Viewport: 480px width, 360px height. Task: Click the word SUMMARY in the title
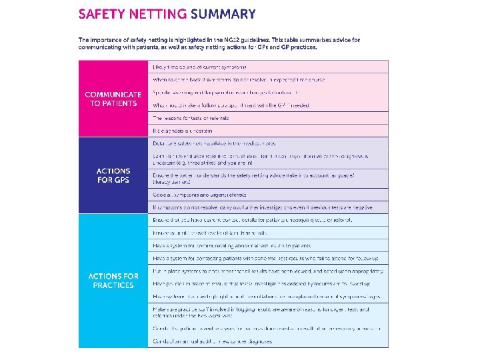[223, 14]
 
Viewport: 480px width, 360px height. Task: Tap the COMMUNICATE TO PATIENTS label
[113, 99]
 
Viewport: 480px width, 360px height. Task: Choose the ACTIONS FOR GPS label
[113, 175]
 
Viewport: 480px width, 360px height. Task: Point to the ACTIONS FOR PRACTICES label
[113, 280]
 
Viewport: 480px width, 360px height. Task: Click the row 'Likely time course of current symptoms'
[200, 67]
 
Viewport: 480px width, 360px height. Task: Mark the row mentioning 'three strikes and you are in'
[267, 159]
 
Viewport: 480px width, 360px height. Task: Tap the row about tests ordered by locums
[267, 283]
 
